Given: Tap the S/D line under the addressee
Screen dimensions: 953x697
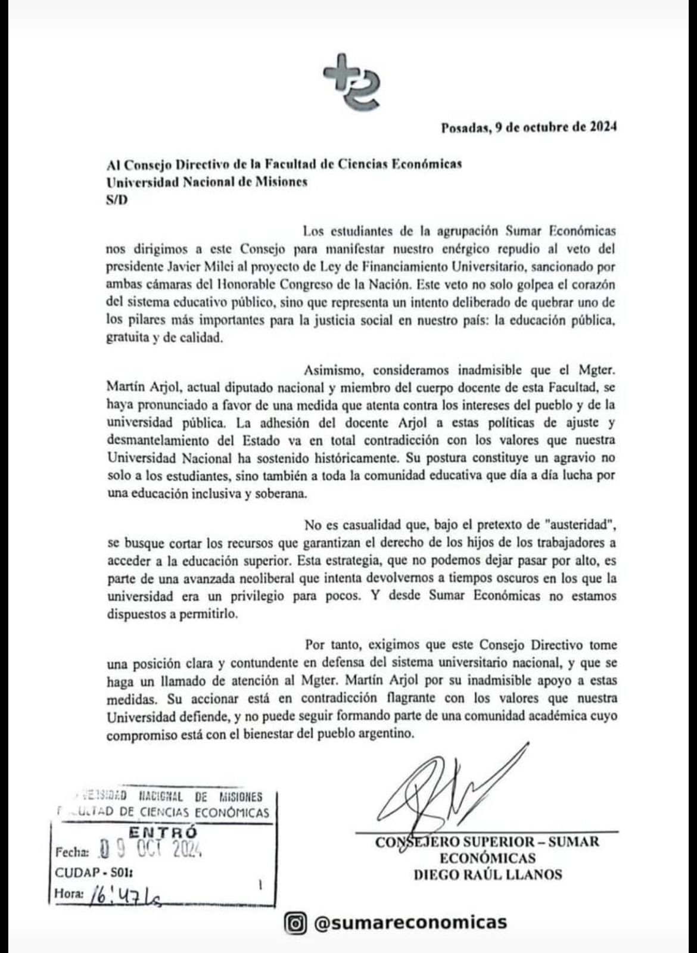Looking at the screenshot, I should pos(117,200).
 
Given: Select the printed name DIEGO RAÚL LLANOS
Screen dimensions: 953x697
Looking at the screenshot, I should pos(487,874).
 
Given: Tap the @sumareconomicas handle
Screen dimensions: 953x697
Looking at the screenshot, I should pos(410,923).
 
